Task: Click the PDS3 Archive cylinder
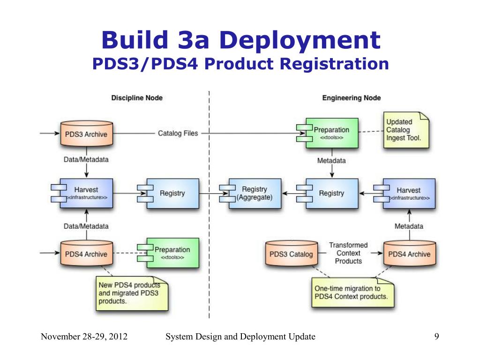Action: point(86,134)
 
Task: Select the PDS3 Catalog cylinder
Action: point(291,254)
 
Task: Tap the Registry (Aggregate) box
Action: point(255,193)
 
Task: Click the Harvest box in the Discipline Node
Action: point(86,193)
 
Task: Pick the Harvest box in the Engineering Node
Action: point(408,193)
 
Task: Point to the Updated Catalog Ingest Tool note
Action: point(406,130)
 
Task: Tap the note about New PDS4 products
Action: point(132,292)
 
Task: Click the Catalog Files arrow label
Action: point(178,134)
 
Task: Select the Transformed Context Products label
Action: point(348,253)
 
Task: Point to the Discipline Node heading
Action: point(137,98)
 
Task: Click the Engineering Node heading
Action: point(351,98)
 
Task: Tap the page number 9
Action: point(436,337)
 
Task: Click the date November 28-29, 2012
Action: point(84,337)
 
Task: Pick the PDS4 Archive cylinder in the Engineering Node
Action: point(409,254)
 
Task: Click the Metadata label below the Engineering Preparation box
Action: point(331,161)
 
